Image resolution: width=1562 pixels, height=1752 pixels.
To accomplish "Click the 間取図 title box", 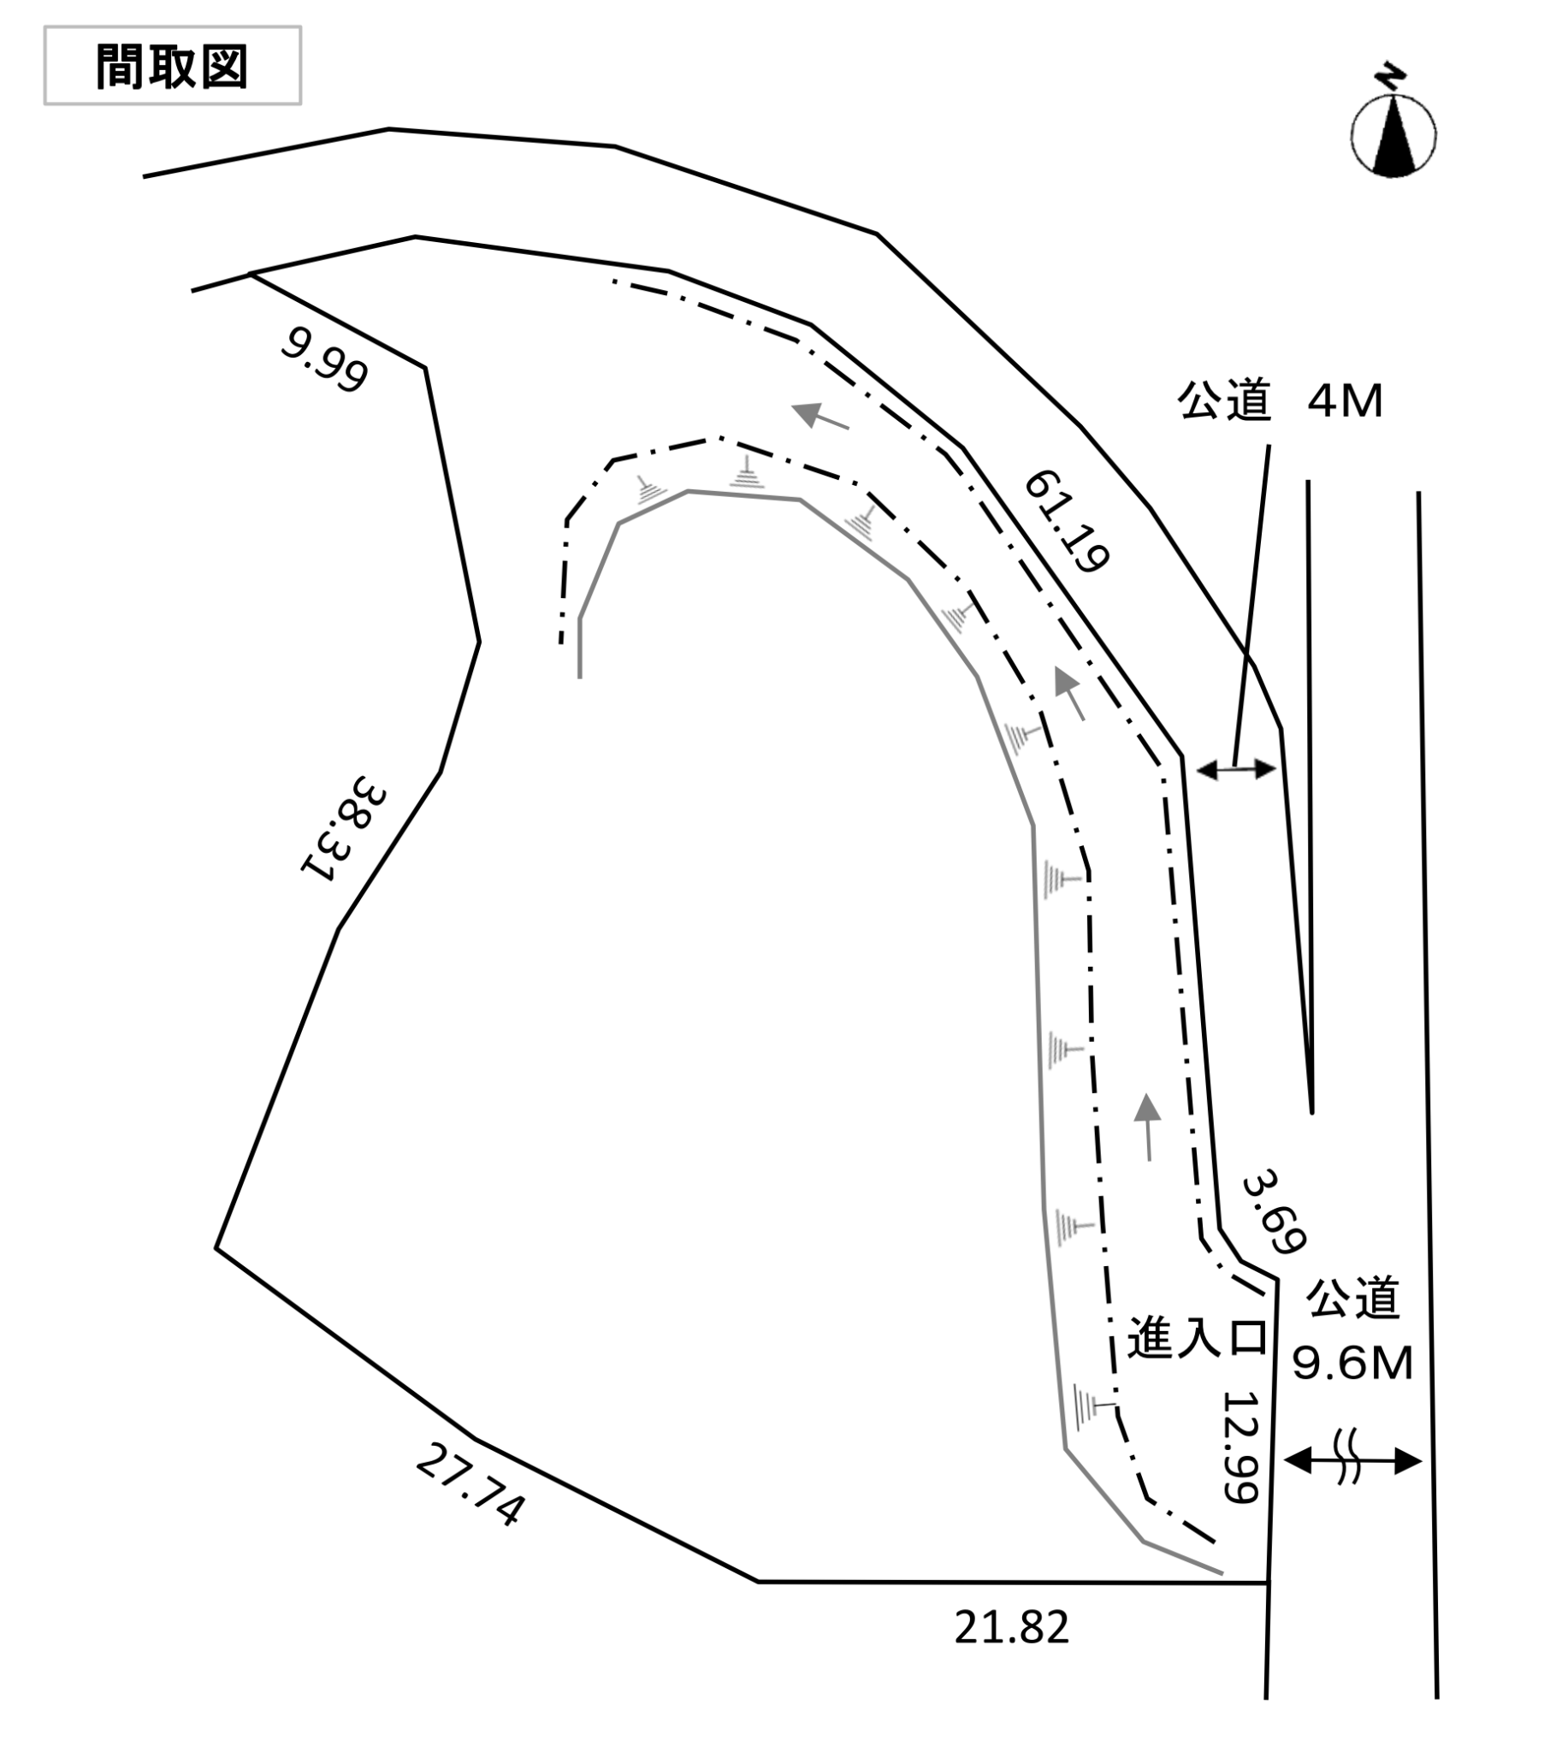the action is pyautogui.click(x=173, y=66).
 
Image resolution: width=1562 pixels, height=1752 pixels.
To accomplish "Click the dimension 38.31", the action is pyautogui.click(x=343, y=828).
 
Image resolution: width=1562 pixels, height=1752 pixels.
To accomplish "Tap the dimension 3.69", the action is pyautogui.click(x=1275, y=1211).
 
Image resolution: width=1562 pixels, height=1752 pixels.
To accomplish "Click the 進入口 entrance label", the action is pyautogui.click(x=1198, y=1337).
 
